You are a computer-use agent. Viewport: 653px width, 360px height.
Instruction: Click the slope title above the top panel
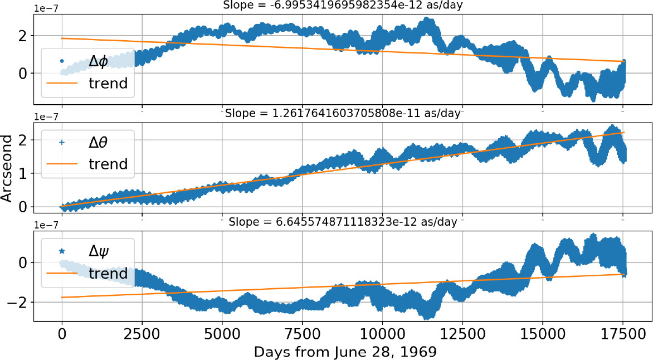point(343,6)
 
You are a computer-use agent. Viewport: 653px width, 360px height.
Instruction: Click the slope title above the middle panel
point(343,114)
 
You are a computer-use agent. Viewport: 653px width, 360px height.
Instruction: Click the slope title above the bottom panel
point(343,222)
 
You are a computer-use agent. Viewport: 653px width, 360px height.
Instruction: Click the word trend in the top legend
point(109,84)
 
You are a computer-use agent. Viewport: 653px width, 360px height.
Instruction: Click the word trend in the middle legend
point(109,164)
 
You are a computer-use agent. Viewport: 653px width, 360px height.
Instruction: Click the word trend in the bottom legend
point(109,274)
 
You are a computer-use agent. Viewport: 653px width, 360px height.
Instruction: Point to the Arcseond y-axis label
point(8,167)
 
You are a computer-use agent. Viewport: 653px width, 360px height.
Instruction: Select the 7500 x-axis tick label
point(302,334)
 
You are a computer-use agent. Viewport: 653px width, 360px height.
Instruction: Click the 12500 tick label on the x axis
point(462,334)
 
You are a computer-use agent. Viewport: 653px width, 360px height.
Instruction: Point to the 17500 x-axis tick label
point(622,334)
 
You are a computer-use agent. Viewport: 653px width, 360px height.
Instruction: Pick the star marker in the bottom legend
point(62,251)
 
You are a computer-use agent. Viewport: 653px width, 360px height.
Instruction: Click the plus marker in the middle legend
point(62,143)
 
